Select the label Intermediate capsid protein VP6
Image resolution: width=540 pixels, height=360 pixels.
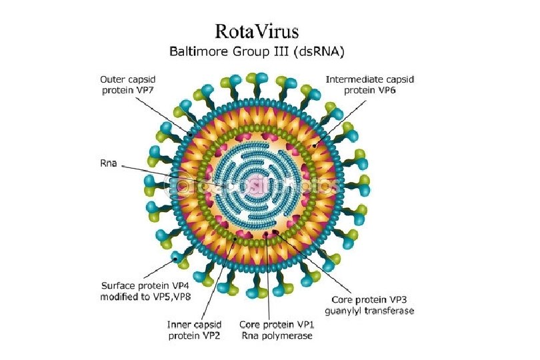369,84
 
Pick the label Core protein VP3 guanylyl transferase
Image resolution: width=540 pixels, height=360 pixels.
369,305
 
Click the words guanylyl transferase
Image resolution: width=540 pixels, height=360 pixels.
369,311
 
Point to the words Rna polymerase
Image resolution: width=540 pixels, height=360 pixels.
276,335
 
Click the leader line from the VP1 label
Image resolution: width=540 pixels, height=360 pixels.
269,280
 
